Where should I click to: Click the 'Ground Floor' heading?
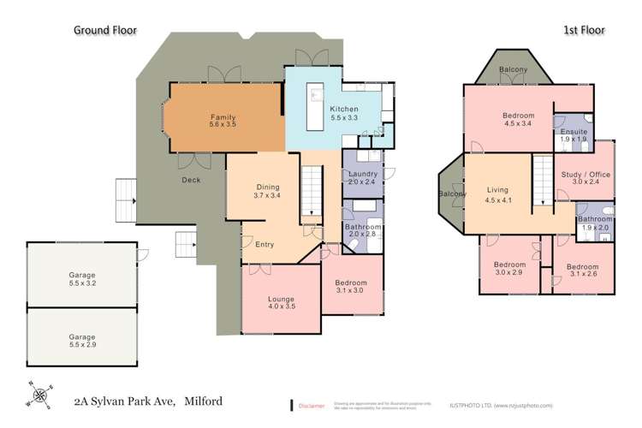tap(104, 29)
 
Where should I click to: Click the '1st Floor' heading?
tap(584, 30)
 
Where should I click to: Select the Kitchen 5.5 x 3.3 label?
tap(344, 113)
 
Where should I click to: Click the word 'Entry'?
tap(265, 245)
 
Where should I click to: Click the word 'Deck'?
tap(191, 181)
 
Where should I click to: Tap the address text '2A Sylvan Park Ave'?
tap(128, 398)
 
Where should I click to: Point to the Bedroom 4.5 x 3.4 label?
tap(519, 121)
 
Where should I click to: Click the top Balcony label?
tap(512, 69)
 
